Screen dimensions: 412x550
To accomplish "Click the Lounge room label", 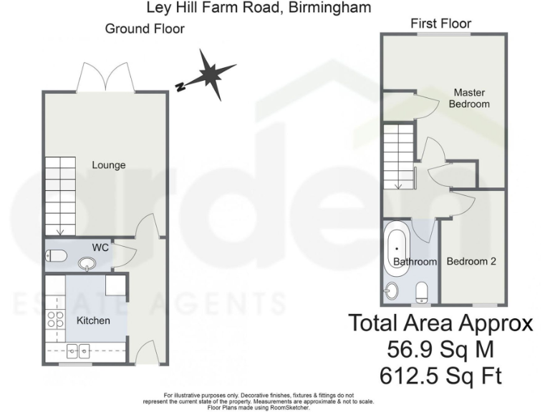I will point(108,165).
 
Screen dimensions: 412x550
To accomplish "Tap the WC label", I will point(100,247).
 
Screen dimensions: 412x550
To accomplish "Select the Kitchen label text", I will point(93,320).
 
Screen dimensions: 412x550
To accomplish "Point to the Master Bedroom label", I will point(468,99).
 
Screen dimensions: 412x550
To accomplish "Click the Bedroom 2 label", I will point(471,262).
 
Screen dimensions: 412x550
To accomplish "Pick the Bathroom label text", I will point(415,263).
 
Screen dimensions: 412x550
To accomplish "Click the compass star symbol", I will point(213,74).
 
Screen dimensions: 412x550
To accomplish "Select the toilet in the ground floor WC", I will point(57,255).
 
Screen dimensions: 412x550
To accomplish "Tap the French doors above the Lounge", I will point(107,77).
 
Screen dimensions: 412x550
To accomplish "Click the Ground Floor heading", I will point(144,29).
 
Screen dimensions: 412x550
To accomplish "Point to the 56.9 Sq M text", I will point(440,350).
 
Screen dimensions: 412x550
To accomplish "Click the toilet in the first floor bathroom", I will point(422,290).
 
